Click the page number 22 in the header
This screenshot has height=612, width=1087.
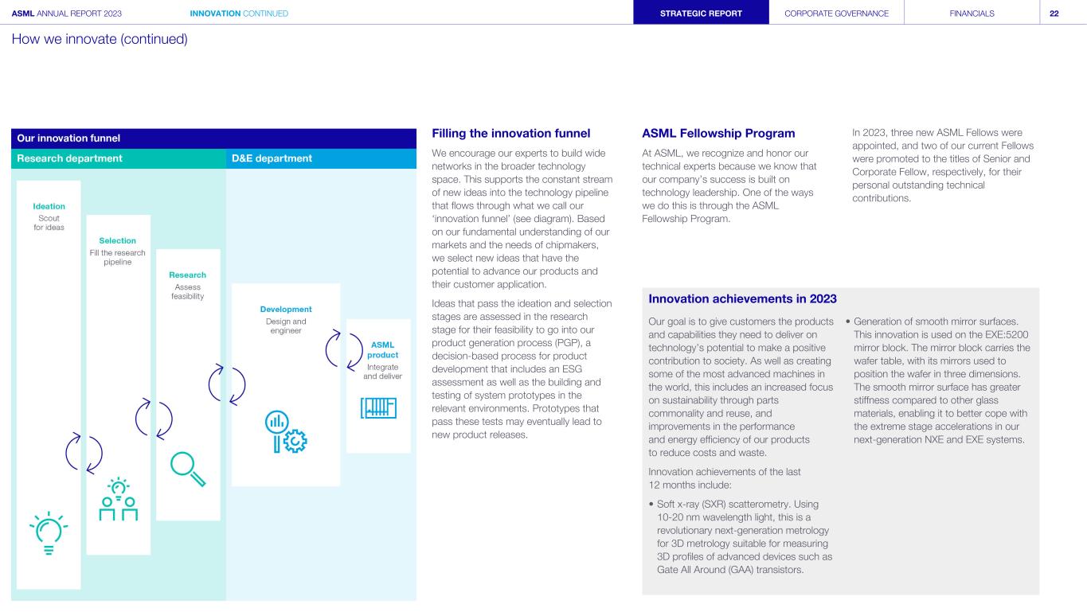click(x=1054, y=13)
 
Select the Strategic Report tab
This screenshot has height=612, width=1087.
click(x=702, y=13)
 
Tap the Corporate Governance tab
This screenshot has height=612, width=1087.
click(x=837, y=13)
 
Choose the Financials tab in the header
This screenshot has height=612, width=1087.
click(x=972, y=13)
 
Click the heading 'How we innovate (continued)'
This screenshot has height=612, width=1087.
click(x=100, y=38)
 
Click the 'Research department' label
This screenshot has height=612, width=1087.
click(x=70, y=158)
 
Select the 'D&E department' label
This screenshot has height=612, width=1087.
click(x=272, y=158)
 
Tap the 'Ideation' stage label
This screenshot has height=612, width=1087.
click(x=49, y=206)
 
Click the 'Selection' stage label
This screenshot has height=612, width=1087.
click(x=118, y=240)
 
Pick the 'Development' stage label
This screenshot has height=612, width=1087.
click(x=285, y=309)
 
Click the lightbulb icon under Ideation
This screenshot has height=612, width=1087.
click(x=49, y=532)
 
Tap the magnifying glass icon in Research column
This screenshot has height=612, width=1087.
click(x=188, y=468)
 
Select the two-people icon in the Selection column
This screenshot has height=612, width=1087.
click(x=118, y=501)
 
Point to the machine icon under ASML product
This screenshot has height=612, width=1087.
click(x=378, y=407)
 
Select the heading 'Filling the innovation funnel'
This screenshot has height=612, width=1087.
click(x=510, y=134)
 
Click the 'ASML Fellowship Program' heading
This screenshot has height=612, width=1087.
click(x=718, y=134)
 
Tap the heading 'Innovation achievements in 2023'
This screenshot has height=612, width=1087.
click(x=742, y=298)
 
